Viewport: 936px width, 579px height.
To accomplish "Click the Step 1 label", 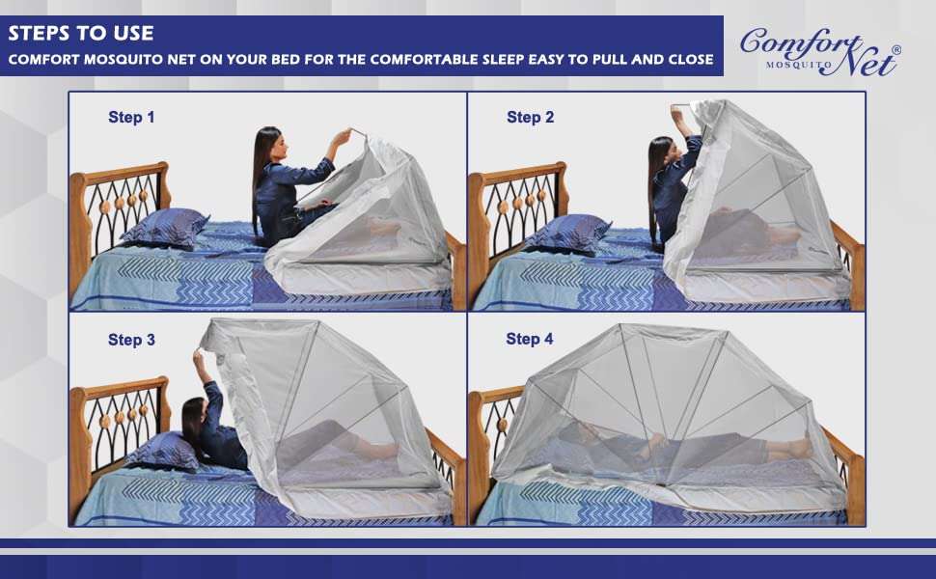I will [131, 118].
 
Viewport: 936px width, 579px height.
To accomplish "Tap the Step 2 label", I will [530, 118].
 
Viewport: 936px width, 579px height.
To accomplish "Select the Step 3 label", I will [131, 340].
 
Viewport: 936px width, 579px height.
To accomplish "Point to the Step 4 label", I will [530, 339].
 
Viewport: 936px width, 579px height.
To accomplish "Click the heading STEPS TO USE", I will [80, 33].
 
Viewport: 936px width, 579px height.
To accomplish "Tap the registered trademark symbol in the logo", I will [895, 49].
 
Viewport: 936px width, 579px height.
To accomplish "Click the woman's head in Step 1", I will [267, 145].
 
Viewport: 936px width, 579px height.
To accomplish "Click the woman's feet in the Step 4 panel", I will [800, 448].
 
